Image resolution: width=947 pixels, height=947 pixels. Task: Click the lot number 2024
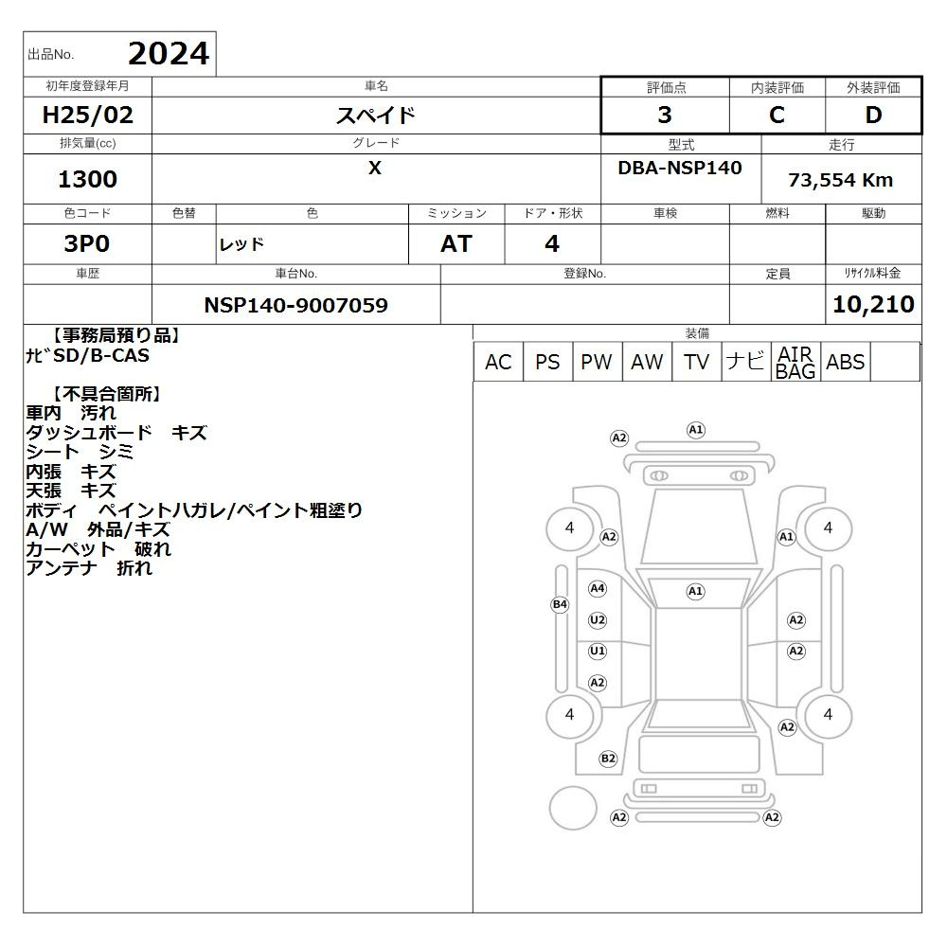169,54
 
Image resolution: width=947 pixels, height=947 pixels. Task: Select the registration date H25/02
87,115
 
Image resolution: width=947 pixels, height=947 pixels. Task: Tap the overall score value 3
665,115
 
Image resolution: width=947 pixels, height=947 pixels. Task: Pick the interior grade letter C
777,115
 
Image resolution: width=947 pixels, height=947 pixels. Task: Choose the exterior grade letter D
873,115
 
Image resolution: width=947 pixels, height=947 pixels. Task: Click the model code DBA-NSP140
679,168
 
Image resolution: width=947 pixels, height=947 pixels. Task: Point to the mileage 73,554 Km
840,180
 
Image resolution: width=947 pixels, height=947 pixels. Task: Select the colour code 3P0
87,243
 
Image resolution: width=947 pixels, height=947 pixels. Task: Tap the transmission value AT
456,243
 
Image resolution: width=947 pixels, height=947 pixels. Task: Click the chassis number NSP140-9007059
295,305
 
